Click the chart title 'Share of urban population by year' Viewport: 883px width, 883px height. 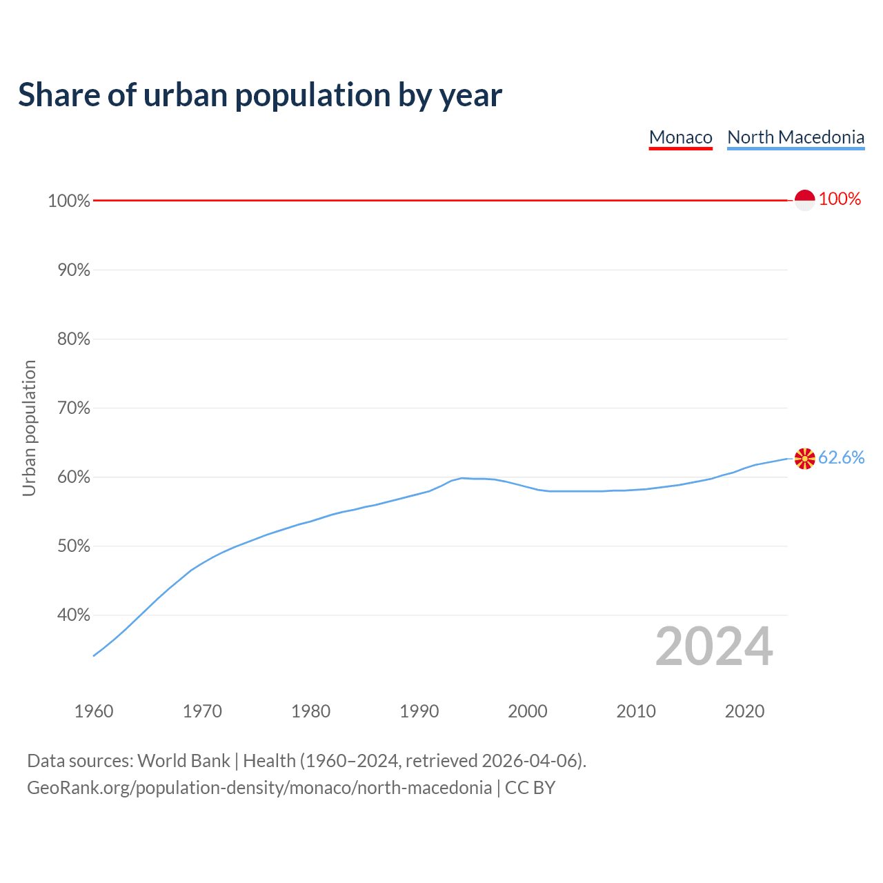tap(260, 95)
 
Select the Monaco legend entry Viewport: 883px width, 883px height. tap(680, 137)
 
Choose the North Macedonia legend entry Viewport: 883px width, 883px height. tap(795, 137)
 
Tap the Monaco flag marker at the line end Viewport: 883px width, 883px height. tap(804, 200)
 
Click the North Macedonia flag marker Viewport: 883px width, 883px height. tap(804, 458)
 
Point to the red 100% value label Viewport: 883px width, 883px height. tap(840, 199)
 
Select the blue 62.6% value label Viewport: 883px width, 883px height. tap(841, 458)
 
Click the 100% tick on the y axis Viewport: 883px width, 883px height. tap(69, 201)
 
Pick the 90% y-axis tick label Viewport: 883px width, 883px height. tap(73, 270)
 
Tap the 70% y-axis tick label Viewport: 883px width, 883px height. tap(73, 408)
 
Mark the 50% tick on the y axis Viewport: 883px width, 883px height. tap(73, 546)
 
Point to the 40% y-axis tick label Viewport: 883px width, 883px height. tap(73, 615)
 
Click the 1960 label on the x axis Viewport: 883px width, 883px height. tap(94, 711)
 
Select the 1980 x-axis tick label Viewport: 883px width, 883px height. tap(310, 711)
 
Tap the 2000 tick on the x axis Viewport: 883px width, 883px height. tap(527, 711)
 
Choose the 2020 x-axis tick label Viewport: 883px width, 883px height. tap(744, 711)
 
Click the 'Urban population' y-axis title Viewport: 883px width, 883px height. tap(29, 428)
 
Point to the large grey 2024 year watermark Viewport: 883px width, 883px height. tap(714, 646)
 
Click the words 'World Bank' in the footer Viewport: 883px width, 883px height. tap(183, 761)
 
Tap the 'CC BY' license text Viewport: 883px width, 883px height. tap(530, 788)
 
